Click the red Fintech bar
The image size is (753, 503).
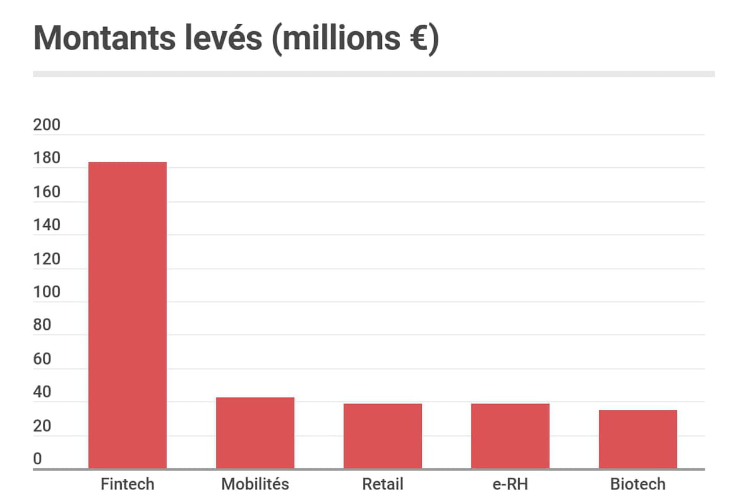coord(127,315)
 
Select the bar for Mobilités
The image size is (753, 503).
coord(255,433)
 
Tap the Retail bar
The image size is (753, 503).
coord(382,436)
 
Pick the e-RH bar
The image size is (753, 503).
coord(510,436)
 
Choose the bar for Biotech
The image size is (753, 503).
coord(638,439)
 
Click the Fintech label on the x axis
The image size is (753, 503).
coord(127,484)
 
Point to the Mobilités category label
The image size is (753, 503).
coord(255,484)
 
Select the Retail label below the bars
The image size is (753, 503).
coord(382,484)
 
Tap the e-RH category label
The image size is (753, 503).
coord(510,484)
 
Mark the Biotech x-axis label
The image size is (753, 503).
coord(638,484)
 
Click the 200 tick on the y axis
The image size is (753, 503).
coord(47,125)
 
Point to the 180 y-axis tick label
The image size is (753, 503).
coord(47,158)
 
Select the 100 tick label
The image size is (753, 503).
coord(47,292)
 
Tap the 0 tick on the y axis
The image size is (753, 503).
coord(38,459)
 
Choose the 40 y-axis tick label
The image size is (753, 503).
coord(42,392)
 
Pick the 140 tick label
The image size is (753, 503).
coord(47,225)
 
